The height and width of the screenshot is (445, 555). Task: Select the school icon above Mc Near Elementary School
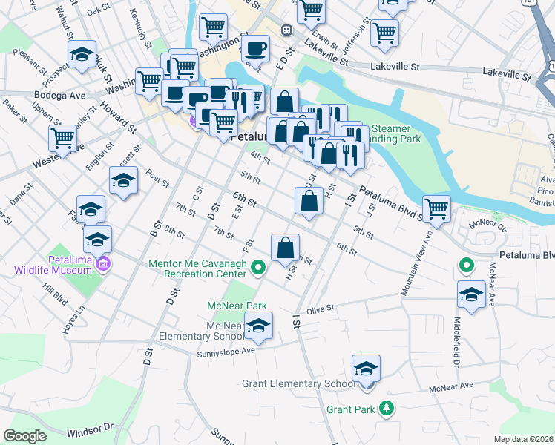coord(258,325)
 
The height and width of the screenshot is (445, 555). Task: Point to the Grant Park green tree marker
coord(386,408)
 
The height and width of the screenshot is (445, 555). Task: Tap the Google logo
coord(24,436)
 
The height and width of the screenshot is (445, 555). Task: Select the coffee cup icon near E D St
coord(256,48)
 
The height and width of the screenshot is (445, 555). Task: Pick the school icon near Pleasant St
coord(82,53)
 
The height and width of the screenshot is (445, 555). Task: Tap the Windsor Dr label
coord(89,429)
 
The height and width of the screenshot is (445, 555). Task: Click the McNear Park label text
coord(237,305)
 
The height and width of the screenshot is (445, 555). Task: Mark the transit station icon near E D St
coord(286,30)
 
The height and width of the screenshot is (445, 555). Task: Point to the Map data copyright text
coord(523,439)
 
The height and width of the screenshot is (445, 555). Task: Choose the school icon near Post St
coord(124,179)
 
